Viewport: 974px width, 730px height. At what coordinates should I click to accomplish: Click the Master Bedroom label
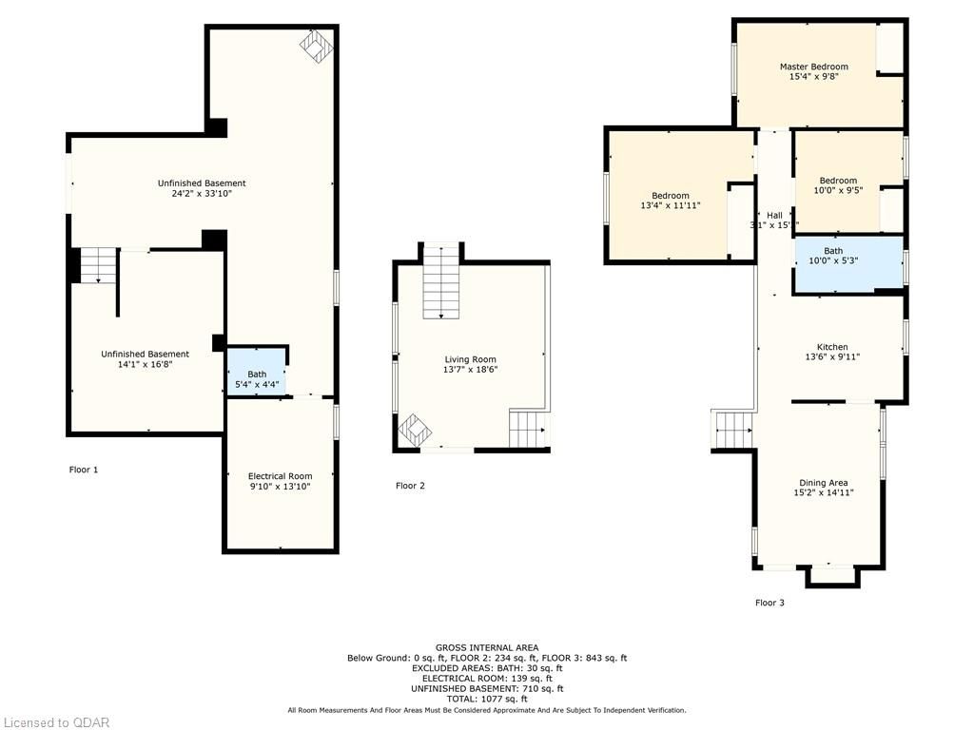coord(814,67)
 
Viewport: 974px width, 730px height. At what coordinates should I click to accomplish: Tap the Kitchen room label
coord(832,347)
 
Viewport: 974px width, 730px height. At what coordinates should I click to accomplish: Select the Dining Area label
coord(823,482)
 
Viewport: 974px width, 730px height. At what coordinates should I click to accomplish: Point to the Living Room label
coord(470,359)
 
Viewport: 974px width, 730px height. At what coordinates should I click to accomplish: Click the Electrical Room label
coord(281,476)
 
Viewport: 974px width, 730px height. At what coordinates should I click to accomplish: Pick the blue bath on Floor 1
coord(257,371)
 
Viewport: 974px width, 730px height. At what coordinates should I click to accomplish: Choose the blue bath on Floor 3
coord(848,264)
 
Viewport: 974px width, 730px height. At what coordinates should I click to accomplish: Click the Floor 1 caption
coord(84,470)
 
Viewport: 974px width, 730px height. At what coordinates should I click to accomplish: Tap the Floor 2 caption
coord(410,486)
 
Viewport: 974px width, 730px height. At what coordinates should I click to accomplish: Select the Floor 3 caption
coord(769,602)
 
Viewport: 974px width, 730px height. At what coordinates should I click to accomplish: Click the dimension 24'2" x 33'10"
coord(202,194)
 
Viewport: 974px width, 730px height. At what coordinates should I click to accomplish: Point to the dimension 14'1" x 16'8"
coord(145,364)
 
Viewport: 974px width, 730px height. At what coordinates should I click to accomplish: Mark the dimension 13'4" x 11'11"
coord(671,205)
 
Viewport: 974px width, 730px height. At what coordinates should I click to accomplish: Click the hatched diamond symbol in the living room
coord(414,430)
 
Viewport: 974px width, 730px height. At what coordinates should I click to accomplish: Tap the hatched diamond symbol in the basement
coord(316,48)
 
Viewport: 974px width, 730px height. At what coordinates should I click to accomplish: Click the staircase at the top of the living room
coord(441,281)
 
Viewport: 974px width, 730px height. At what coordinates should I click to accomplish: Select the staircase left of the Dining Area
coord(733,430)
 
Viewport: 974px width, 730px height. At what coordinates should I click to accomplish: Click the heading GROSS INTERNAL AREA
coord(487,647)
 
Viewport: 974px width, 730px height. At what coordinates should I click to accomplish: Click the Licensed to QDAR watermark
coord(55,722)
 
